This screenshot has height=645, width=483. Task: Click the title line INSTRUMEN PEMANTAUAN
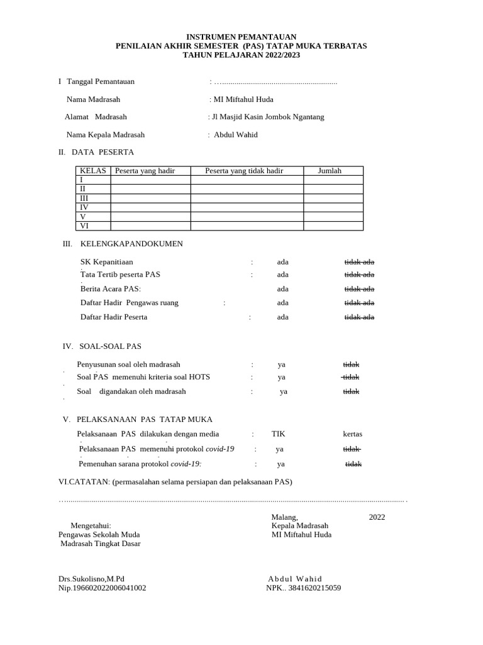(241, 37)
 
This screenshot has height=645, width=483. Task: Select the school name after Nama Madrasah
(243, 100)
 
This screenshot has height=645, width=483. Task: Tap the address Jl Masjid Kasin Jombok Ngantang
(269, 117)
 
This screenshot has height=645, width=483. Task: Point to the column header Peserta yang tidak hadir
(244, 171)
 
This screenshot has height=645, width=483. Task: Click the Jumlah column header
(330, 171)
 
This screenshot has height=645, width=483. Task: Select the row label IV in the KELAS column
(84, 207)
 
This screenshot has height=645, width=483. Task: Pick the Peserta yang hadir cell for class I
(150, 180)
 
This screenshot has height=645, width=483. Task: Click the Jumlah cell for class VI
(333, 225)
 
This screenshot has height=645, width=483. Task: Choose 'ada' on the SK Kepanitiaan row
(283, 262)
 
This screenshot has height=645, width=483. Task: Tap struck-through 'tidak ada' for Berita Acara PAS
(359, 289)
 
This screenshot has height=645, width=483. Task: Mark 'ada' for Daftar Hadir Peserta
(283, 317)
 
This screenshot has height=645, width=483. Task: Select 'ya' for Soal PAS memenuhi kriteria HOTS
(282, 377)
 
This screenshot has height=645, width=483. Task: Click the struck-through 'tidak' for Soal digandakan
(351, 392)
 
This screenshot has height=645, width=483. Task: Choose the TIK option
(278, 434)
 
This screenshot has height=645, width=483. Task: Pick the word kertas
(352, 434)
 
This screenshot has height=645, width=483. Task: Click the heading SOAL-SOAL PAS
(110, 346)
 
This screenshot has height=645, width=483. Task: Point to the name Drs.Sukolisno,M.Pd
(92, 579)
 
